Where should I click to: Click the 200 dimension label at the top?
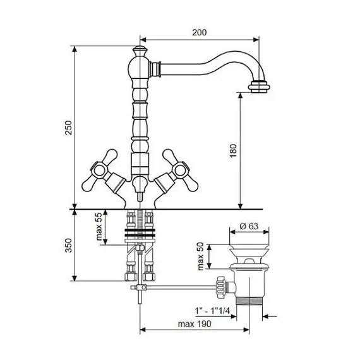pos(200,32)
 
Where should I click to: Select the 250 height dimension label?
pos(68,128)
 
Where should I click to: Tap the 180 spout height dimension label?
pos(233,150)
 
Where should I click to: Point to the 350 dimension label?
pos(68,246)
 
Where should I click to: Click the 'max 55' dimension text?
pos(99,226)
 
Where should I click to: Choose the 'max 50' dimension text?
pos(200,256)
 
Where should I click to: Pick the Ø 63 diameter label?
pos(249,226)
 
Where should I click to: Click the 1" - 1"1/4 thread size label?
pos(212,311)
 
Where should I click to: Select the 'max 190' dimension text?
pos(195,324)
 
